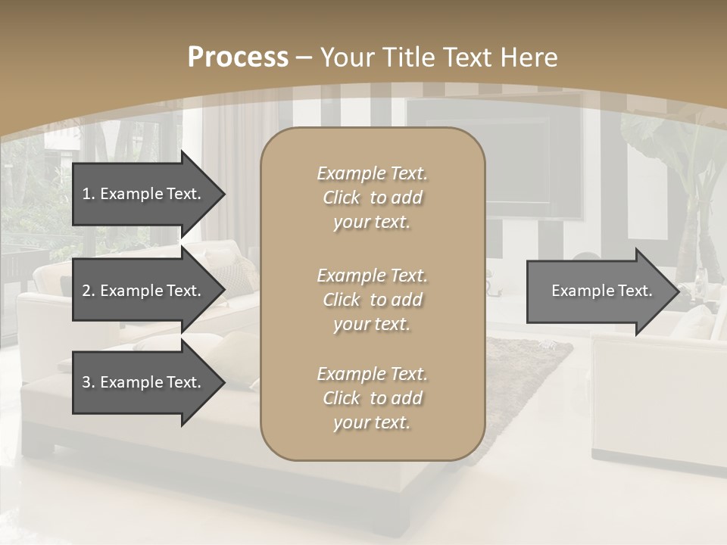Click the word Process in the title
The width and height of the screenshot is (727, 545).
tap(238, 58)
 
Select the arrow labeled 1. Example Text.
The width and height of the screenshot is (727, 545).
tap(144, 194)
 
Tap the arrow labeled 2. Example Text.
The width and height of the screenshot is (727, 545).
tap(144, 291)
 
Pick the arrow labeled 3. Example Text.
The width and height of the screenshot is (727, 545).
tap(144, 382)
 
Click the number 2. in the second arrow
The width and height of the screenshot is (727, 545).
tap(89, 291)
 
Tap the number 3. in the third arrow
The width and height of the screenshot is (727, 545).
tap(89, 382)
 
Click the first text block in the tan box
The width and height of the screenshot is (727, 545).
tap(372, 198)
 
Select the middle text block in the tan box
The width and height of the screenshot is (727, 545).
tap(372, 299)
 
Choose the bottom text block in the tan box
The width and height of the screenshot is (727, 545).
tap(372, 398)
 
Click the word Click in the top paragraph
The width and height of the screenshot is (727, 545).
tap(342, 198)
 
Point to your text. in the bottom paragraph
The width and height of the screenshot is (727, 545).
tap(372, 422)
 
